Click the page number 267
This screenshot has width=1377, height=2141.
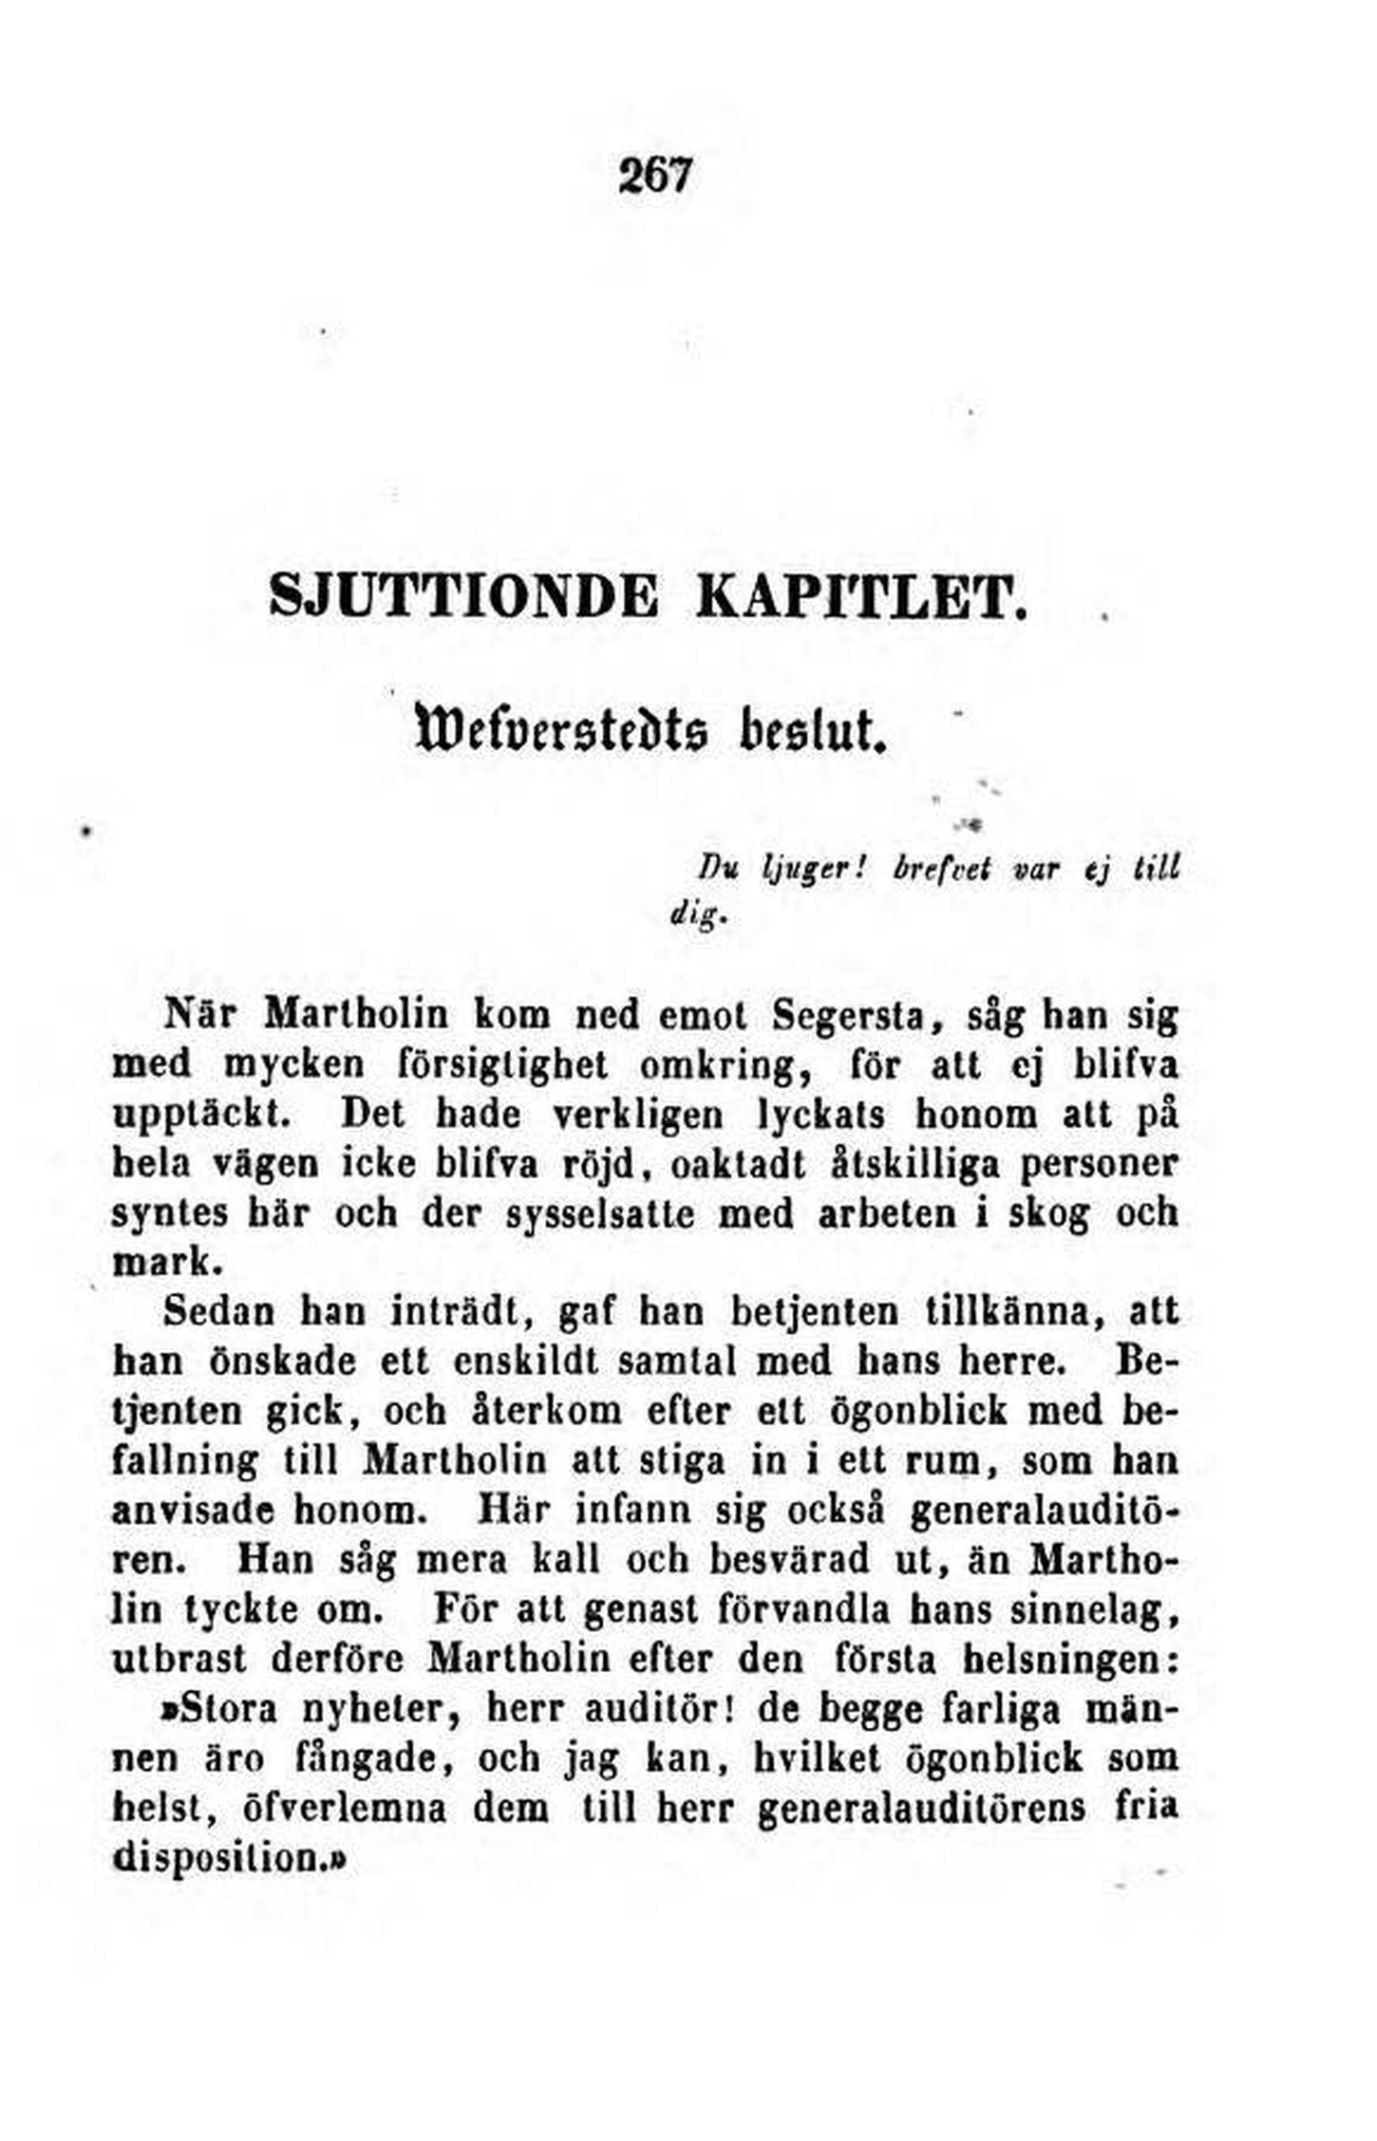[656, 177]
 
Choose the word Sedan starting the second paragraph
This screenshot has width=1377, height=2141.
[217, 1313]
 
